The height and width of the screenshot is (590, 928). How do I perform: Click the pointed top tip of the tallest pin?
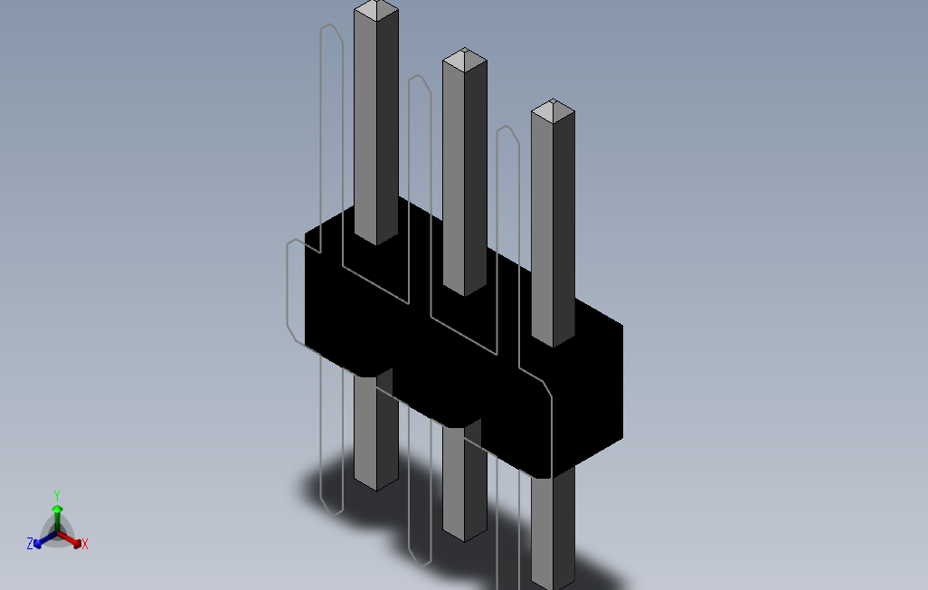point(375,10)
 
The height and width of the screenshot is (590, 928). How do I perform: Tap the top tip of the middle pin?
point(464,61)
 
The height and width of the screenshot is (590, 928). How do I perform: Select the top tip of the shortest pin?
point(553,111)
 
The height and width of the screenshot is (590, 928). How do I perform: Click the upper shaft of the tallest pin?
point(375,118)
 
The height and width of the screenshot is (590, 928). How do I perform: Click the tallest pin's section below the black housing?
point(375,434)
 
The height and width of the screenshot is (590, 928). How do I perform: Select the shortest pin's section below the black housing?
point(553,534)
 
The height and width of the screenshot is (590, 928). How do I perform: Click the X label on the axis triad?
point(85,544)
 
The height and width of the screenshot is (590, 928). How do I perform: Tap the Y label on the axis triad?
point(56,496)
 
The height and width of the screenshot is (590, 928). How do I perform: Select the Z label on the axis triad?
point(30,544)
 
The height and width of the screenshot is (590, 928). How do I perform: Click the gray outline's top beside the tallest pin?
point(330,29)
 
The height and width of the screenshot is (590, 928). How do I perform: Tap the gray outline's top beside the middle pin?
point(419,80)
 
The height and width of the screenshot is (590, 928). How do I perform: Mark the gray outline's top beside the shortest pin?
point(507,130)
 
